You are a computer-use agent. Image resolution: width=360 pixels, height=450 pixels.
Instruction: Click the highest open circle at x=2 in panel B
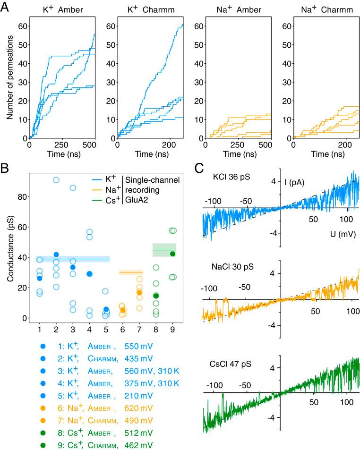pyautogui.click(x=56, y=180)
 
